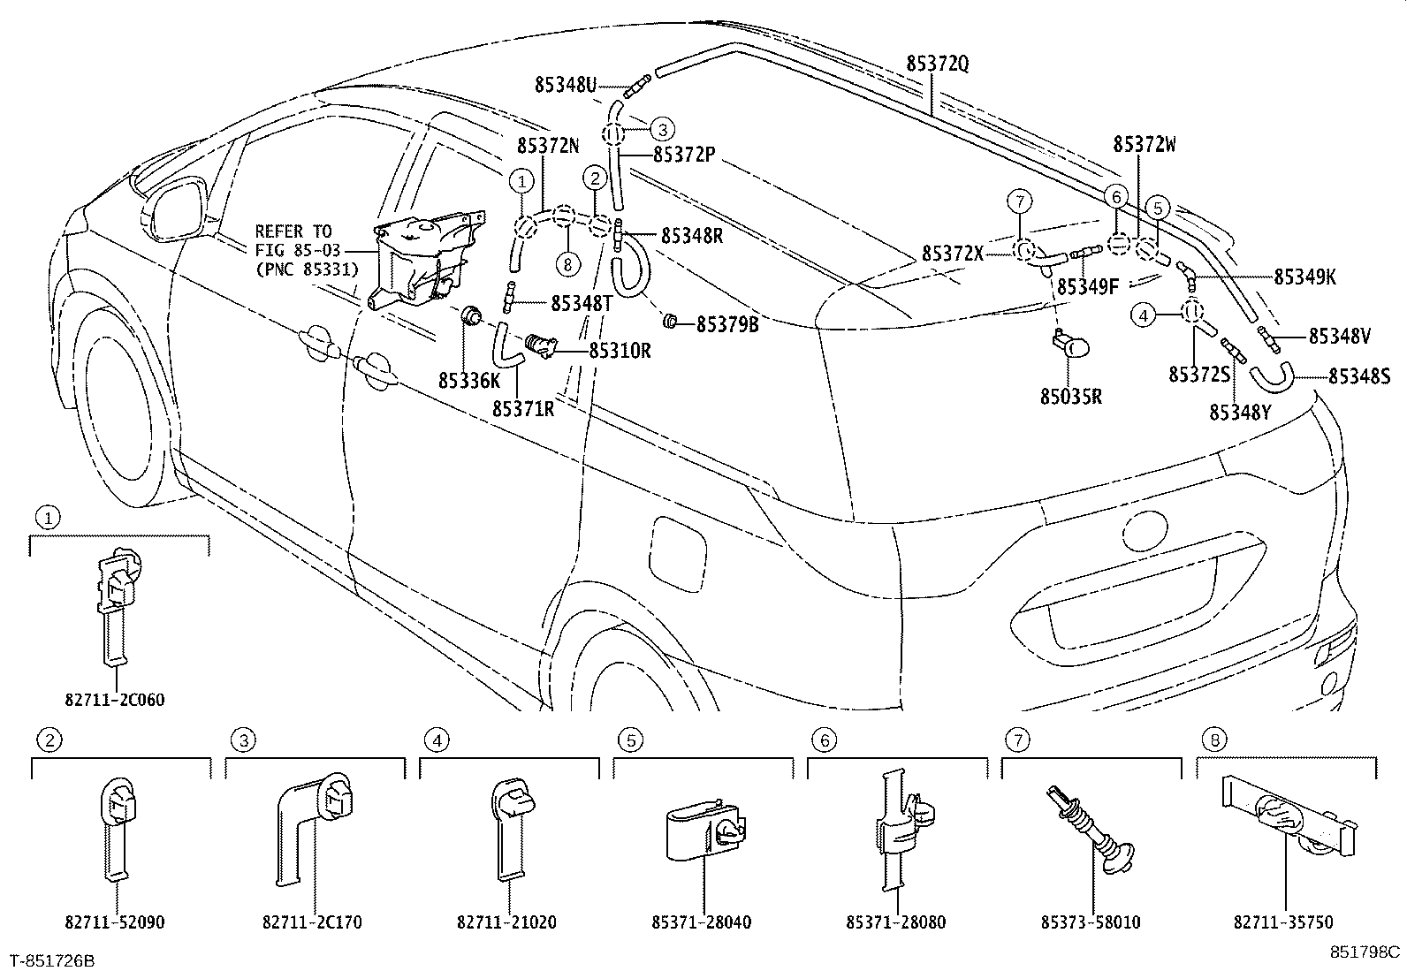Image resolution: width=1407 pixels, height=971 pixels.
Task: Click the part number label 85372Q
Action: (x=937, y=63)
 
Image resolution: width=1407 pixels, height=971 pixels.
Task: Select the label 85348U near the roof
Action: (x=566, y=85)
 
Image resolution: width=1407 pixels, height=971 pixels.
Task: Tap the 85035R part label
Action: (x=1070, y=397)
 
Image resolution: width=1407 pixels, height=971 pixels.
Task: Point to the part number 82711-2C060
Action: (x=115, y=700)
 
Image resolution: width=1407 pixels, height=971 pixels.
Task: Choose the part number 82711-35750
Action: (x=1283, y=922)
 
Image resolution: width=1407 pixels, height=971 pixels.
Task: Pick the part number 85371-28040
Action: (x=702, y=922)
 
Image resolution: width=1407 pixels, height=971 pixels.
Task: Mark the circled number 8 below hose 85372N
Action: (x=566, y=262)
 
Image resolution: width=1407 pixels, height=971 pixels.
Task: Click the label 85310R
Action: (x=620, y=351)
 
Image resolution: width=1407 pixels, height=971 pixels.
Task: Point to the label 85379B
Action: (x=726, y=324)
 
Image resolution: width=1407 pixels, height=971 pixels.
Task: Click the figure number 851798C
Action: (x=1365, y=952)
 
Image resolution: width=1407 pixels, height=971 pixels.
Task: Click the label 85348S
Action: (x=1359, y=376)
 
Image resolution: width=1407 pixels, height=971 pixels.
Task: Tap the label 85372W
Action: (x=1145, y=145)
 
